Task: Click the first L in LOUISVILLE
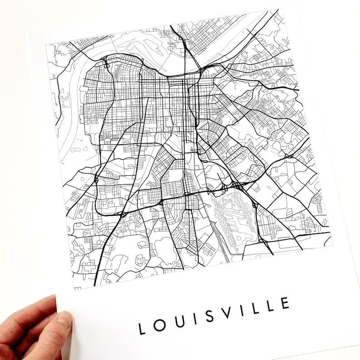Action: click(x=142, y=328)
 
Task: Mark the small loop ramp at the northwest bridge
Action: click(x=107, y=65)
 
